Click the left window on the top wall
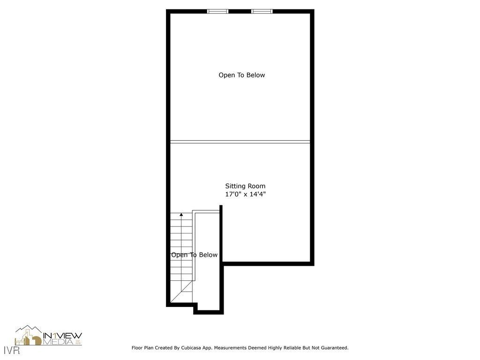pyautogui.click(x=217, y=11)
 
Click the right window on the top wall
pyautogui.click(x=262, y=11)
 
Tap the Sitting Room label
pyautogui.click(x=245, y=186)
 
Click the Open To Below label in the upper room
pyautogui.click(x=241, y=75)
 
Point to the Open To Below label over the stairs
pyautogui.click(x=194, y=255)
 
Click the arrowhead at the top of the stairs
pyautogui.click(x=181, y=215)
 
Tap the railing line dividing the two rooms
pyautogui.click(x=240, y=142)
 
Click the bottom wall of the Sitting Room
pyautogui.click(x=267, y=264)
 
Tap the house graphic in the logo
pyautogui.click(x=28, y=337)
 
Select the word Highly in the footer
pyautogui.click(x=275, y=348)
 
